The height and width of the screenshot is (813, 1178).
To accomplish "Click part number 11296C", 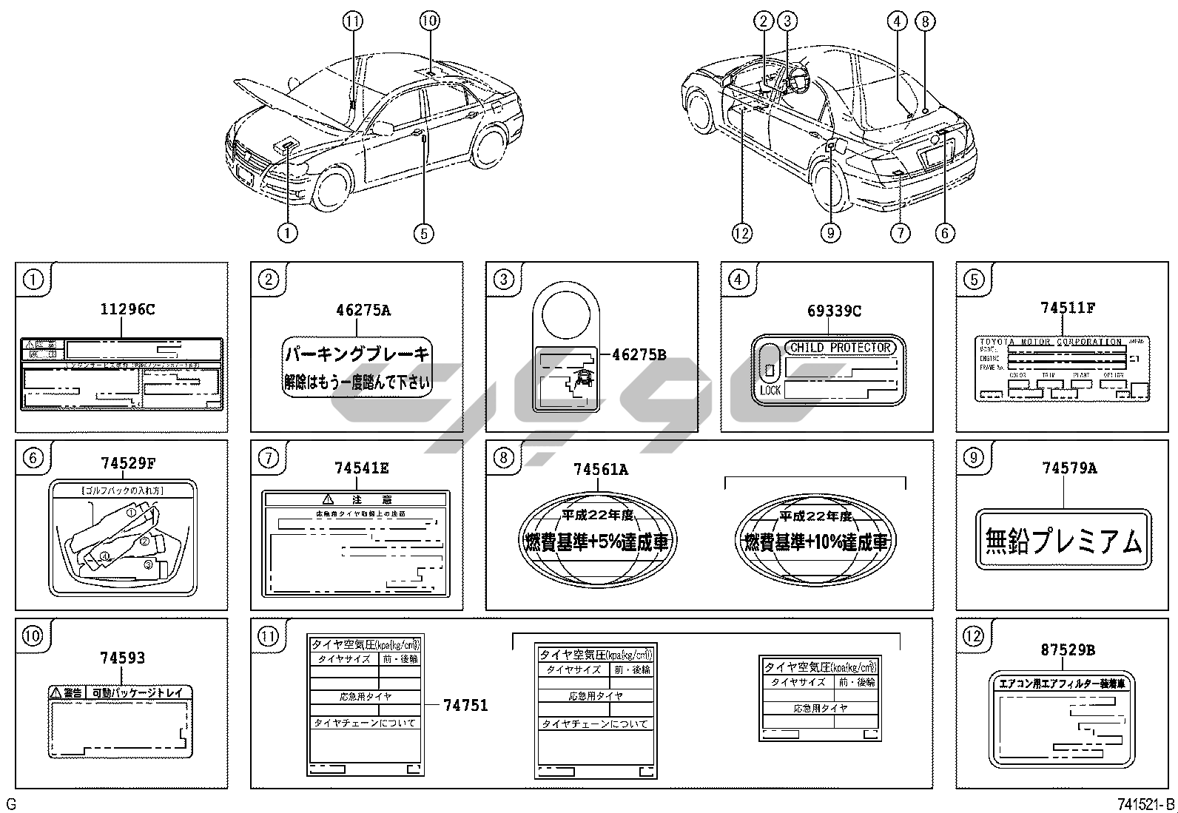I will [x=127, y=309].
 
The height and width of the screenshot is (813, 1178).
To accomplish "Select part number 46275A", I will [x=363, y=310].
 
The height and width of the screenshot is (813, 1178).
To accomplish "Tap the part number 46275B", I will [x=639, y=355].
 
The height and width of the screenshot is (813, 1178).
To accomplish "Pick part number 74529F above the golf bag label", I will [x=128, y=464].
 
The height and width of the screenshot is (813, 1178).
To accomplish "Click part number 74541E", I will [x=361, y=468].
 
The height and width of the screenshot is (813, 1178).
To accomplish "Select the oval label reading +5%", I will [x=596, y=542].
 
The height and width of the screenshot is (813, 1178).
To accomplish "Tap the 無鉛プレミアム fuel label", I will [x=1063, y=540].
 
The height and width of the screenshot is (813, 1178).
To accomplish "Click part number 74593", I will [x=123, y=658].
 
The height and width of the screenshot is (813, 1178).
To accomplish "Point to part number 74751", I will [x=465, y=705].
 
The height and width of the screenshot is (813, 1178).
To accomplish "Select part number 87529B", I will [x=1067, y=650].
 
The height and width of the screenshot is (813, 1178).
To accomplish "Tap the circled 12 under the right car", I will [x=741, y=234].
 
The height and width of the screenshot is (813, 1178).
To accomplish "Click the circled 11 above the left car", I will [x=353, y=21].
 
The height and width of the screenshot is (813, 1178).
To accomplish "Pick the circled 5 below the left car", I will [x=423, y=234].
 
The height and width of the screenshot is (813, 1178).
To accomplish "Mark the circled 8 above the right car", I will [x=925, y=21].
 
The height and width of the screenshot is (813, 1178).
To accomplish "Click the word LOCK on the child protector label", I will [x=770, y=390].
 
